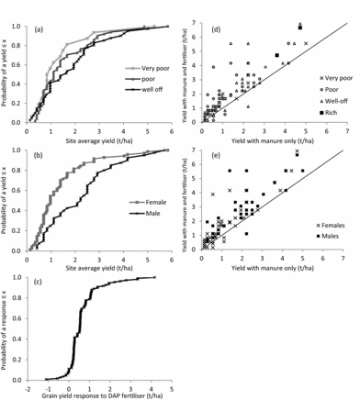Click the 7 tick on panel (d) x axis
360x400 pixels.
pos(347,133)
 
